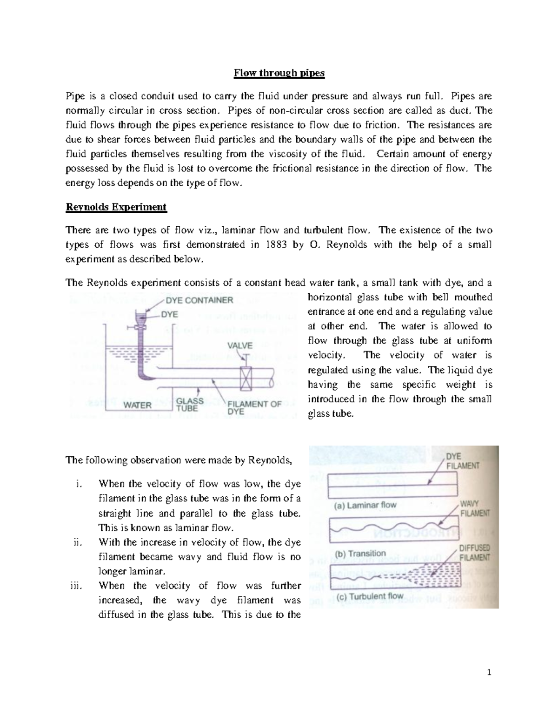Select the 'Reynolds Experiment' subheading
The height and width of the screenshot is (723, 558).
point(116,207)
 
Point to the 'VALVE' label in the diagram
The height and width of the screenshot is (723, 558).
point(240,345)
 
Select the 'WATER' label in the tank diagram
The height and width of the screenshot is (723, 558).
point(137,405)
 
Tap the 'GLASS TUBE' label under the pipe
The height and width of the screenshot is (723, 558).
point(190,405)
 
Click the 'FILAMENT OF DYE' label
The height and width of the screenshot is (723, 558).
point(255,408)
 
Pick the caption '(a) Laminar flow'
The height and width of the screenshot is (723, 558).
point(363,505)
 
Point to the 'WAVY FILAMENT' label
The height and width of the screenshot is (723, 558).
point(474,508)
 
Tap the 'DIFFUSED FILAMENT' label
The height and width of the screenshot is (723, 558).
point(474,553)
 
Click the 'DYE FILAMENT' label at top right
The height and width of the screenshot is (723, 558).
point(462,460)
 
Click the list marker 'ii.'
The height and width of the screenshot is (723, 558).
point(77,542)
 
